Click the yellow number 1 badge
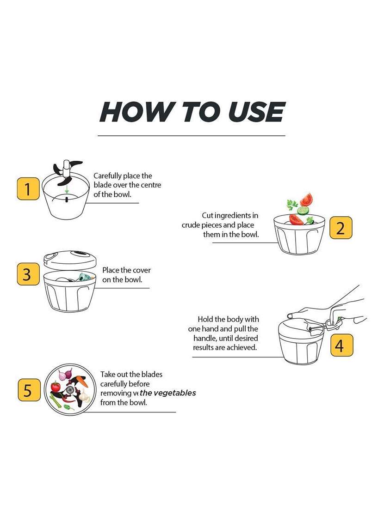[x=28, y=188]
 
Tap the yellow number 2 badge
[x=341, y=228]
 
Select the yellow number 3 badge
[x=28, y=274]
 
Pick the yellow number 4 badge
[x=341, y=345]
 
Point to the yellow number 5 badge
[x=29, y=390]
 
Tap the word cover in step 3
[x=141, y=270]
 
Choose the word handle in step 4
[x=205, y=338]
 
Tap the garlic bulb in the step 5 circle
[x=84, y=395]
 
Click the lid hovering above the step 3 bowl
[x=70, y=260]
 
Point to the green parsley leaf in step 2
[x=292, y=205]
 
